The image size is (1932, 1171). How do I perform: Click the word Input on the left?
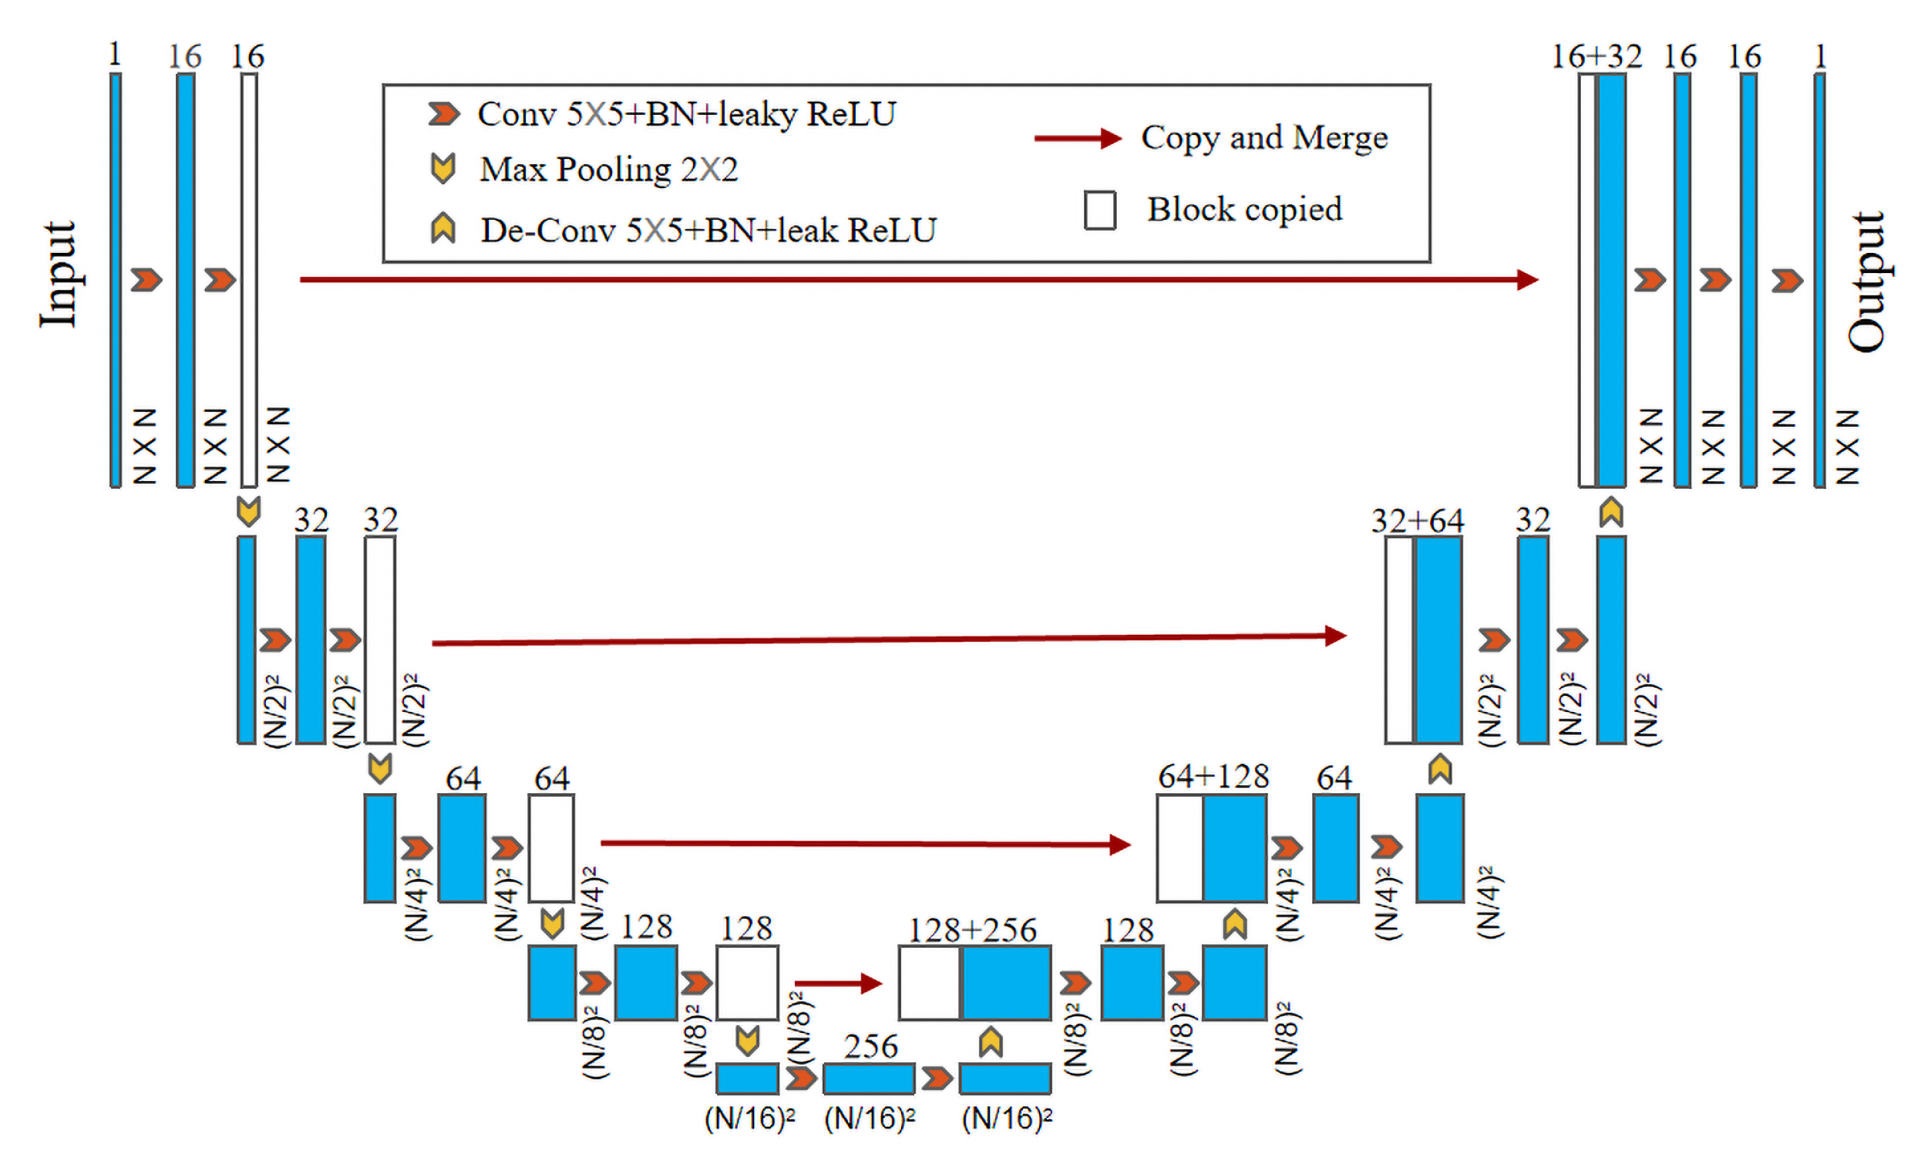pyautogui.click(x=60, y=275)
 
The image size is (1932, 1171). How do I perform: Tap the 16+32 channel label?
pyautogui.click(x=1596, y=57)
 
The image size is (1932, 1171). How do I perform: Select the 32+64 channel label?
pyautogui.click(x=1417, y=520)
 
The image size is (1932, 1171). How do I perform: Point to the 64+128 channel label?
pyautogui.click(x=1213, y=776)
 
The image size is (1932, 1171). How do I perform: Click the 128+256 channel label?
pyautogui.click(x=971, y=930)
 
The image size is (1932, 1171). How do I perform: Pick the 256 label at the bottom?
pyautogui.click(x=870, y=1045)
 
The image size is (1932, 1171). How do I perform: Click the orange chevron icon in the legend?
pyautogui.click(x=444, y=115)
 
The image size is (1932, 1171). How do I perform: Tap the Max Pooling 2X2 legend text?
pyautogui.click(x=608, y=169)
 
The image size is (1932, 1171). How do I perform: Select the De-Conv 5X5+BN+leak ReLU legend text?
pyautogui.click(x=708, y=230)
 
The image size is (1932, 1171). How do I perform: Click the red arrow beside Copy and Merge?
pyautogui.click(x=1078, y=139)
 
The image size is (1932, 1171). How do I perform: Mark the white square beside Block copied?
pyautogui.click(x=1100, y=210)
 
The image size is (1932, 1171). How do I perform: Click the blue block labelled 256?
pyautogui.click(x=869, y=1079)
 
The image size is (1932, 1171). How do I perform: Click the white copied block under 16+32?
pyautogui.click(x=1587, y=280)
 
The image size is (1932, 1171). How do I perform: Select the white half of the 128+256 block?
pyautogui.click(x=929, y=983)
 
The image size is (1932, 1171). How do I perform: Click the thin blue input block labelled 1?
pyautogui.click(x=116, y=280)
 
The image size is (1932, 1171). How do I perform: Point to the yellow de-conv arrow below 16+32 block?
pyautogui.click(x=1611, y=513)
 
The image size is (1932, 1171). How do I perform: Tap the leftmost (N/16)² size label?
pyautogui.click(x=750, y=1119)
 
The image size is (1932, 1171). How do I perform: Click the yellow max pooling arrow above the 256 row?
pyautogui.click(x=747, y=1041)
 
